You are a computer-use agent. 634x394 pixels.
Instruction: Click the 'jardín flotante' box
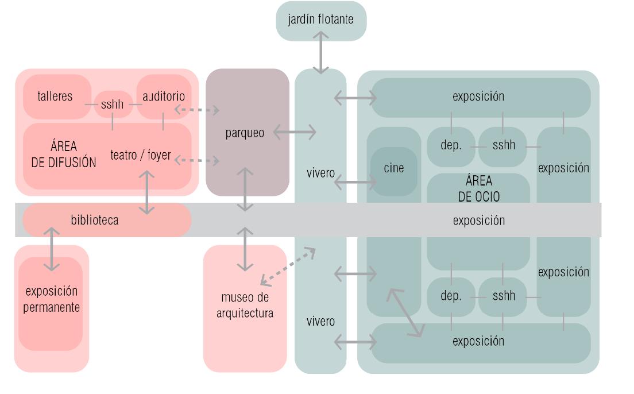tap(321, 21)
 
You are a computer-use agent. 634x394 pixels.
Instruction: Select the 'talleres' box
tap(56, 96)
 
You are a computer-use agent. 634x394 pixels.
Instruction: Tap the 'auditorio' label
tap(164, 96)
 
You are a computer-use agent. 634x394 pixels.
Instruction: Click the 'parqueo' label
tap(245, 133)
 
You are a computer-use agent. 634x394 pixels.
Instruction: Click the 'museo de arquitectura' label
tap(245, 306)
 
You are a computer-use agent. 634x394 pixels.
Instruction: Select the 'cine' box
tap(394, 169)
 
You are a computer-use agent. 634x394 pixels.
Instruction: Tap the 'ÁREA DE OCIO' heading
tap(478, 189)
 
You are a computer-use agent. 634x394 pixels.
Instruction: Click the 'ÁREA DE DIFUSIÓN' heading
tap(64, 154)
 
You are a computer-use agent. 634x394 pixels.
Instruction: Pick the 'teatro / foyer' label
tap(141, 155)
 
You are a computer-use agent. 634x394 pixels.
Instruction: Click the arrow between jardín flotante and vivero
tap(320, 53)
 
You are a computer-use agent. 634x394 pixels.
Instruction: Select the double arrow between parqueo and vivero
tap(295, 133)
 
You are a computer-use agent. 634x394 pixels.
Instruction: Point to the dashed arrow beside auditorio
tap(197, 109)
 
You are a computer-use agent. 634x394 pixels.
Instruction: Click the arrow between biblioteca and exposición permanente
tap(52, 249)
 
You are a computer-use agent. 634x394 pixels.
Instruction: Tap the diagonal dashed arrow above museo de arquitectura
tap(288, 266)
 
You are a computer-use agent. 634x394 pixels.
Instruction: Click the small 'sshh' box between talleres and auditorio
tap(113, 105)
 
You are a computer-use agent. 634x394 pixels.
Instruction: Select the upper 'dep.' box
tap(451, 146)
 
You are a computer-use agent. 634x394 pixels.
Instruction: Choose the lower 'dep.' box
tap(451, 296)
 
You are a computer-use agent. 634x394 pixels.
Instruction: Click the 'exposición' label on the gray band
tap(478, 221)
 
